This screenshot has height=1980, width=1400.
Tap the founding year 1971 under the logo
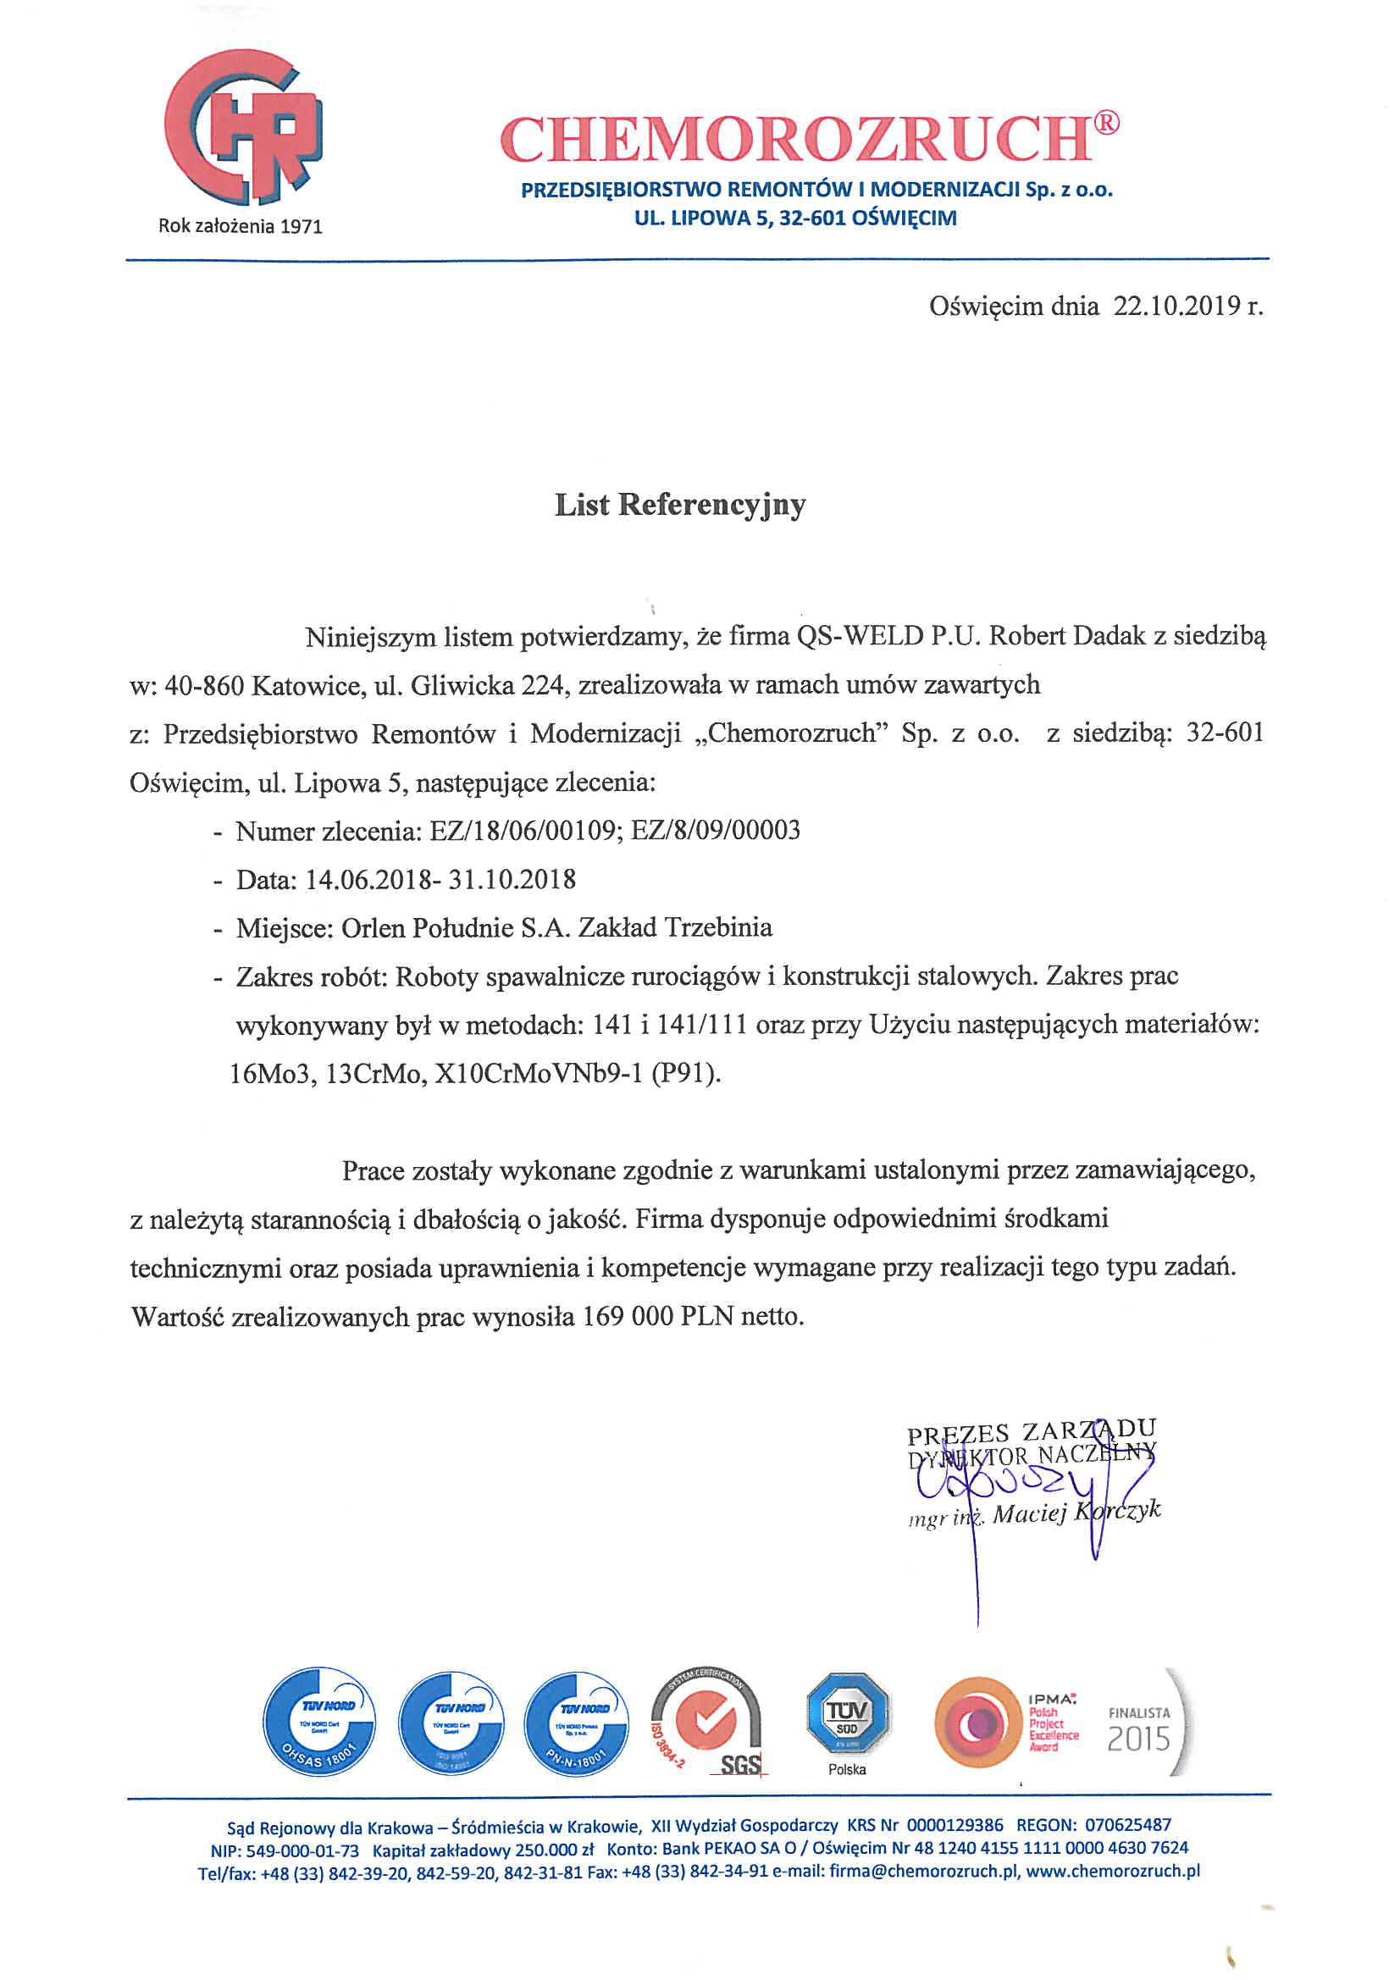point(301,227)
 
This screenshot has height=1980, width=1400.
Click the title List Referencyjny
point(680,505)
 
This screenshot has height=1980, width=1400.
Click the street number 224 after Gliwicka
point(543,686)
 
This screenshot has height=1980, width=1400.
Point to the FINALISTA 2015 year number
point(1137,1739)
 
